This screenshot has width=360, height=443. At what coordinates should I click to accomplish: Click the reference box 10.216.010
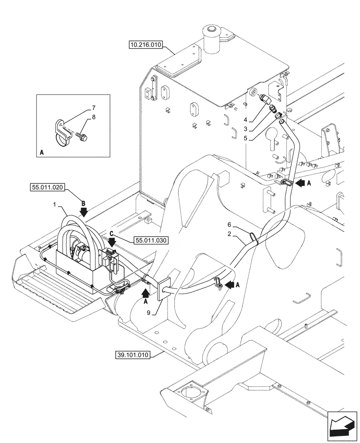(146, 44)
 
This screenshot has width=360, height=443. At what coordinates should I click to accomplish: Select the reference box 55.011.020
(48, 188)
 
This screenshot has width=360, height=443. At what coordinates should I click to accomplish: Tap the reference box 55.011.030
(150, 240)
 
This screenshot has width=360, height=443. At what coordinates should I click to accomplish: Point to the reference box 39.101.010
(133, 355)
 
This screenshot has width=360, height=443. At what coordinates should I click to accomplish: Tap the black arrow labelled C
(111, 241)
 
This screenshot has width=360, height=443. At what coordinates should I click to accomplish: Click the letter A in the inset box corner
(42, 152)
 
